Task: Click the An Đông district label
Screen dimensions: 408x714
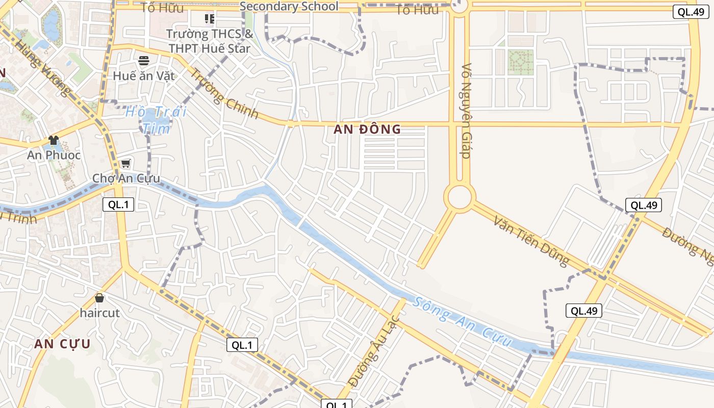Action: (x=367, y=130)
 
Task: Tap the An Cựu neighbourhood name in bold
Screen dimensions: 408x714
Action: (x=62, y=344)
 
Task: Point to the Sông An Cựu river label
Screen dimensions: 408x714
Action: (x=462, y=321)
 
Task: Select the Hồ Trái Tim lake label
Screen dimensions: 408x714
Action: (x=156, y=120)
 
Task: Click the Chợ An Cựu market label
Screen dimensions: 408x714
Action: (x=126, y=178)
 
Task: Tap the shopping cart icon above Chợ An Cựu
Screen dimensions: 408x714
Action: (x=125, y=164)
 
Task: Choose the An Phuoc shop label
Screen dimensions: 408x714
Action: (x=54, y=155)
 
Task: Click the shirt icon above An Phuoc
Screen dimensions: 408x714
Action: (x=53, y=140)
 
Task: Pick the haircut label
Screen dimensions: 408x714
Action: (x=100, y=313)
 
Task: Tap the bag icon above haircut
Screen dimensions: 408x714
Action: (x=99, y=297)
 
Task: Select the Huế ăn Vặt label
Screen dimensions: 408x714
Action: (x=144, y=76)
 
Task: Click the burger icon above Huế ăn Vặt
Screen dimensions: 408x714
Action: (x=144, y=61)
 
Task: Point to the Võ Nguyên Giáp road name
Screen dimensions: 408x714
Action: (x=466, y=111)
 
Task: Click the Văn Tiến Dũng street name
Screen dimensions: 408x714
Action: (x=531, y=241)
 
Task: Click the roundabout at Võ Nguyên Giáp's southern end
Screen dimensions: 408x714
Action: (x=459, y=198)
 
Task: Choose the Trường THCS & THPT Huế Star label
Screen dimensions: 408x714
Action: (x=210, y=41)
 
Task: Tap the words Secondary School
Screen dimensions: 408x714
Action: (x=289, y=6)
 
